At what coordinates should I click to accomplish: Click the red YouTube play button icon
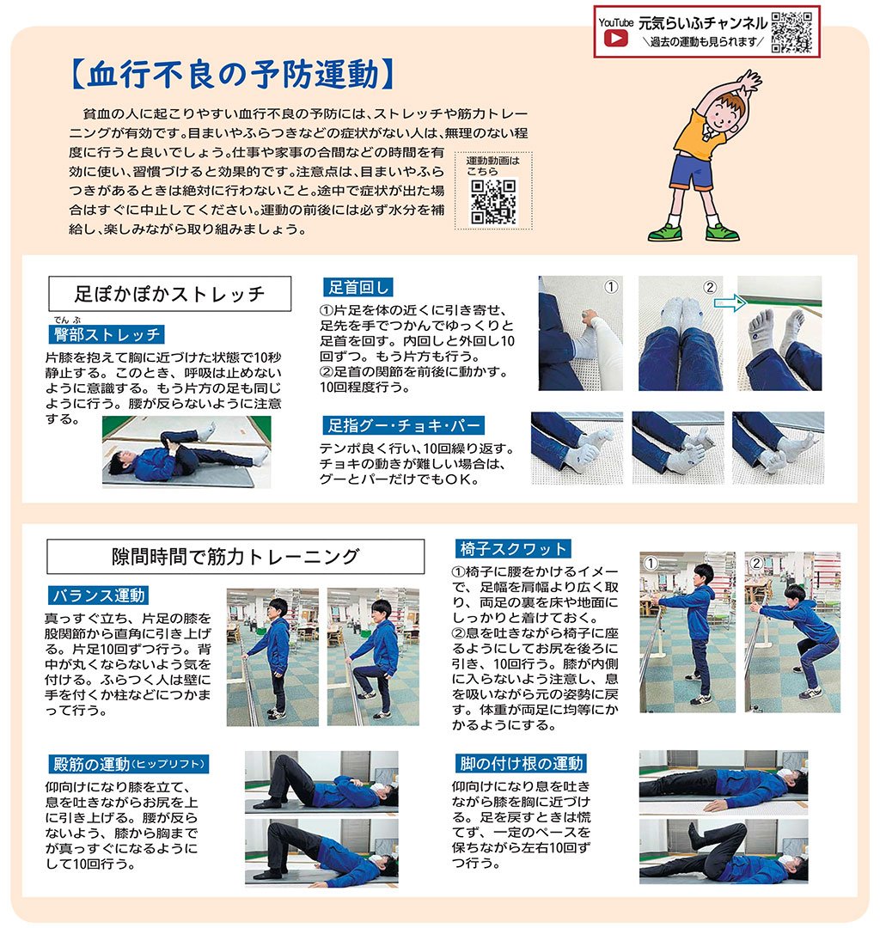click(615, 39)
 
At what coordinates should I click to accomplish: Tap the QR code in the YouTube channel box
click(791, 32)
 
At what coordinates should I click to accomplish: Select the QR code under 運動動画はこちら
click(492, 203)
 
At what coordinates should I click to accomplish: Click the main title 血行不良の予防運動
click(233, 75)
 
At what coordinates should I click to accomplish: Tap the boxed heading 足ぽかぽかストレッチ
click(170, 294)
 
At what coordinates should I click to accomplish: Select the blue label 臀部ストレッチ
click(107, 334)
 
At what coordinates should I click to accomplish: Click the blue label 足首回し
click(358, 287)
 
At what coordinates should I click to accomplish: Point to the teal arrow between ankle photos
click(730, 303)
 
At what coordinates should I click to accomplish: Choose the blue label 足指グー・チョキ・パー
click(404, 425)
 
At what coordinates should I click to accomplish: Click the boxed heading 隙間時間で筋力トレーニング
click(235, 556)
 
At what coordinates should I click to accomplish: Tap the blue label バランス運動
click(98, 595)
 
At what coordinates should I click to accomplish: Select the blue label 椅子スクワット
click(513, 548)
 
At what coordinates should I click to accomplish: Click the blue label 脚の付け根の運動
click(522, 764)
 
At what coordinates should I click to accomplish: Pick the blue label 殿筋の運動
click(128, 764)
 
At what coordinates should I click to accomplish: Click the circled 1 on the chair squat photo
click(651, 563)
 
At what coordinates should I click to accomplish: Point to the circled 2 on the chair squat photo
click(755, 563)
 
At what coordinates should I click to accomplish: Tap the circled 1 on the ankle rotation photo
click(611, 287)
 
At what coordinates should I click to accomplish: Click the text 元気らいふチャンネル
click(702, 23)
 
